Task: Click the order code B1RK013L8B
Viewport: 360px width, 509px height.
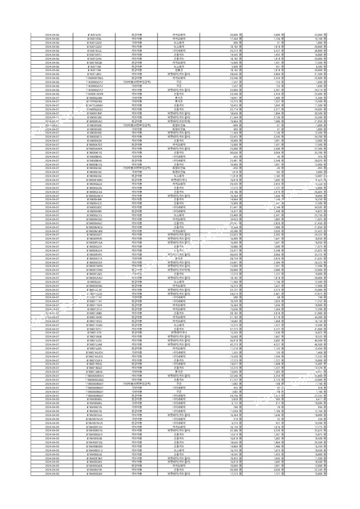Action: click(x=94, y=313)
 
